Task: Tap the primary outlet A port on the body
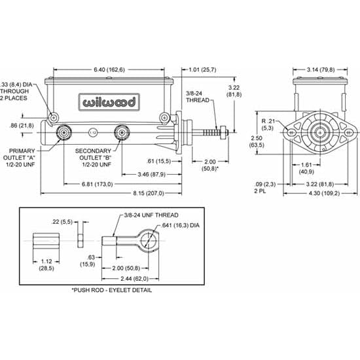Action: coord(64,133)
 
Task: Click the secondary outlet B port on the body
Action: coord(120,133)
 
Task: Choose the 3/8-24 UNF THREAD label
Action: coord(151,215)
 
